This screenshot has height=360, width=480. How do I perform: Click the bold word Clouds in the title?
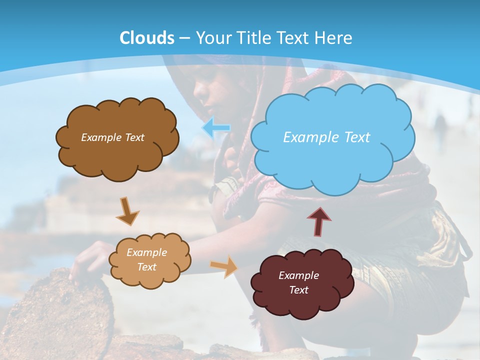pyautogui.click(x=147, y=38)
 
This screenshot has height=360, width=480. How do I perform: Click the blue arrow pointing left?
pyautogui.click(x=215, y=128)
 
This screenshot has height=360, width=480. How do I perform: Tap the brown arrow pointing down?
pyautogui.click(x=128, y=210)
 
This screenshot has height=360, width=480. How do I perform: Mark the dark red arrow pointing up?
pyautogui.click(x=319, y=221)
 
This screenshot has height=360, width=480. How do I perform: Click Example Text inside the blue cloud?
pyautogui.click(x=326, y=137)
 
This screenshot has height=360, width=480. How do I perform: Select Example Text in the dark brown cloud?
pyautogui.click(x=112, y=137)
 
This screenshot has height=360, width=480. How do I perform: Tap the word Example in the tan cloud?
pyautogui.click(x=146, y=252)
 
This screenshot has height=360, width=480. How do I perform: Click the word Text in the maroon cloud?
pyautogui.click(x=298, y=290)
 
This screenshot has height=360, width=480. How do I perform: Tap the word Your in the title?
pyautogui.click(x=213, y=38)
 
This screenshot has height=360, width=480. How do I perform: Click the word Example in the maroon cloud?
pyautogui.click(x=298, y=275)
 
